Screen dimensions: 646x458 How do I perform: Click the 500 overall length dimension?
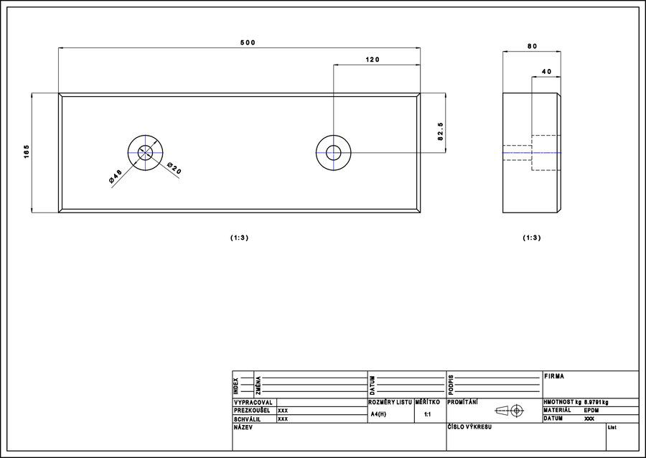point(248,42)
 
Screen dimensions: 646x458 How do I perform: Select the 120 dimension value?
point(373,60)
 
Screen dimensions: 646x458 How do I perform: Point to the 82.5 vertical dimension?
point(440,131)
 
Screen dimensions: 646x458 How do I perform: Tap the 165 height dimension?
point(27,152)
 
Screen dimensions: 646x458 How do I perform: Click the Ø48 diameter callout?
point(116,176)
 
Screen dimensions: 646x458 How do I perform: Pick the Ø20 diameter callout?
point(174,168)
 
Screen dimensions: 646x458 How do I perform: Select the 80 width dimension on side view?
point(533,46)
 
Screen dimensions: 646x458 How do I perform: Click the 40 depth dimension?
point(546,72)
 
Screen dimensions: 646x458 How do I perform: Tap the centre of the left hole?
point(145,153)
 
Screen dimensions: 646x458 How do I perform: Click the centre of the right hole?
point(333,153)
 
